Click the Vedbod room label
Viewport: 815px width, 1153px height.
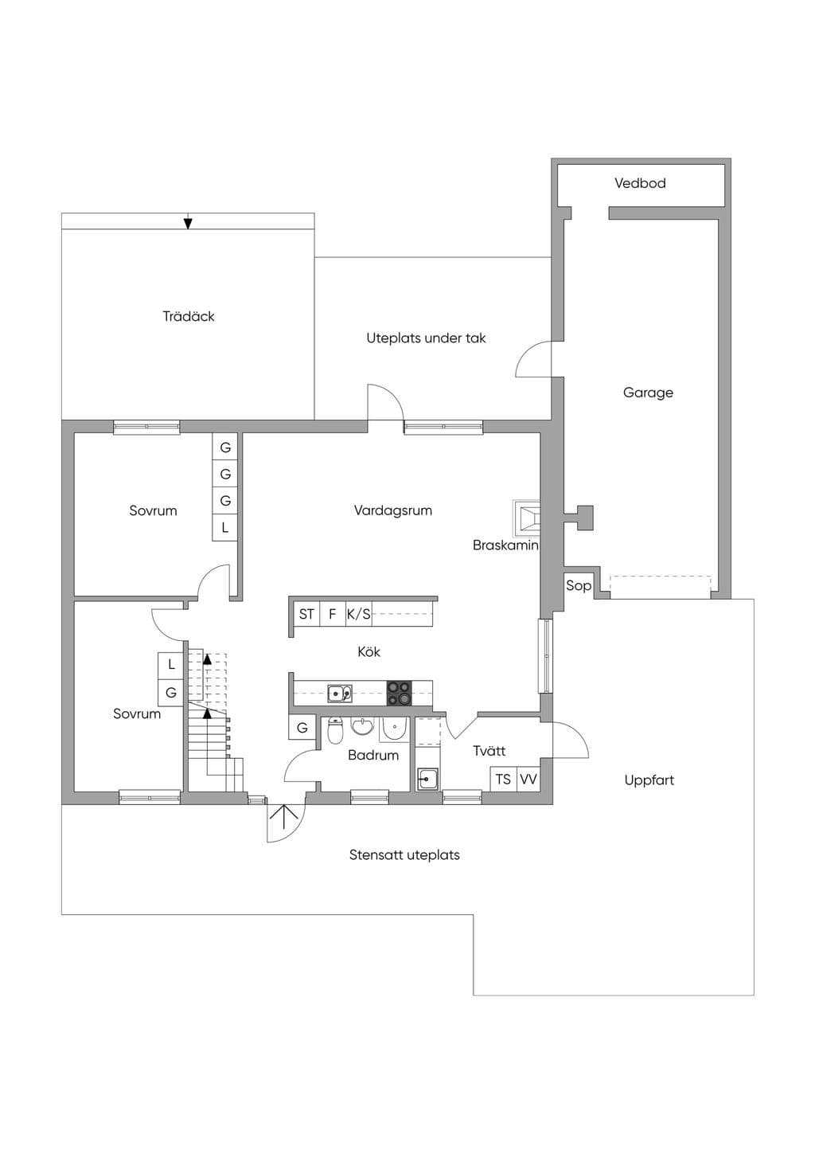tap(640, 183)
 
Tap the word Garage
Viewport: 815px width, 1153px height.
tap(648, 393)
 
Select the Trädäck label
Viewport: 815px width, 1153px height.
tap(189, 316)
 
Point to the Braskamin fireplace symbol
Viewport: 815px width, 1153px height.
tap(526, 518)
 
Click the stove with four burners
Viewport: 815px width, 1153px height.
tap(400, 693)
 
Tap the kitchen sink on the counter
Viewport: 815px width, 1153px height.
tap(340, 694)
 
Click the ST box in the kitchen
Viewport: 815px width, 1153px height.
tap(306, 614)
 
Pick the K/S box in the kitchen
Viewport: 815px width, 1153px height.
tap(359, 614)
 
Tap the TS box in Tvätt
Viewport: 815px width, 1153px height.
tap(503, 780)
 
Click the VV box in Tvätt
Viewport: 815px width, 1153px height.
tap(528, 780)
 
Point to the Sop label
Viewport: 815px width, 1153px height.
tap(579, 585)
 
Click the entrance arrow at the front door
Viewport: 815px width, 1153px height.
tap(287, 816)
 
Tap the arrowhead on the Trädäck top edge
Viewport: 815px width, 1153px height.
tap(189, 224)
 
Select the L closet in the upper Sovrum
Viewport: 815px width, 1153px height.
tap(225, 527)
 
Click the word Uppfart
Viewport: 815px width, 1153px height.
tap(649, 780)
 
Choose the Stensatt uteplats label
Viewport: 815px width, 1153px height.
tap(404, 855)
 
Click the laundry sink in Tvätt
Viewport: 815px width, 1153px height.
tap(427, 779)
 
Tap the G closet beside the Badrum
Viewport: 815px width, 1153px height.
tap(302, 728)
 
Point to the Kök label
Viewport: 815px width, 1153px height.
tap(369, 651)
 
